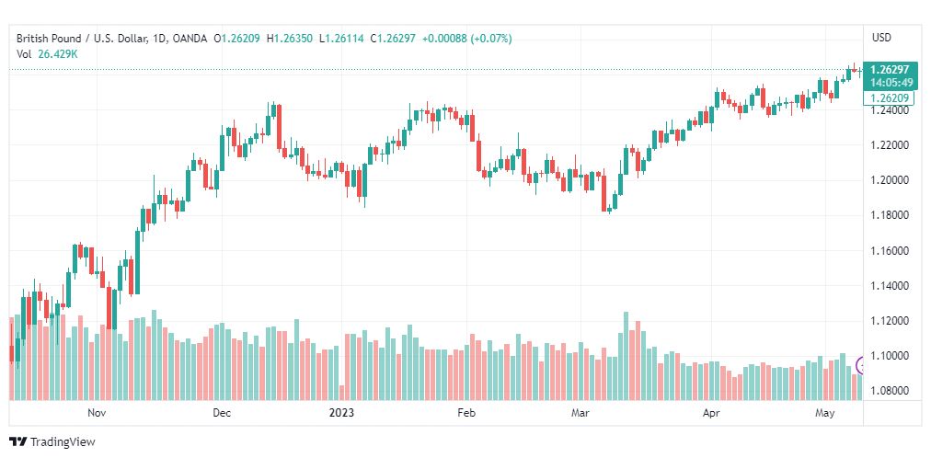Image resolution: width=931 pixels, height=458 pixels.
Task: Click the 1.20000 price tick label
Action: pyautogui.click(x=890, y=180)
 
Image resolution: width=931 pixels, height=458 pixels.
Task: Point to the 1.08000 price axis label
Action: pyautogui.click(x=890, y=391)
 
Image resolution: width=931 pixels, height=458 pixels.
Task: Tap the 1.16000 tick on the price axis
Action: pyautogui.click(x=890, y=250)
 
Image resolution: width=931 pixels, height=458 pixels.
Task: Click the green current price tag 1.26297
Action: pyautogui.click(x=890, y=69)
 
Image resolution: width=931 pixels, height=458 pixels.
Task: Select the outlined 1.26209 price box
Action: pyautogui.click(x=889, y=97)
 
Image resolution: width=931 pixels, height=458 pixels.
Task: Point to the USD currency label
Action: pyautogui.click(x=881, y=38)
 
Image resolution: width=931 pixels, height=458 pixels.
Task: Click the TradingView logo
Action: pyautogui.click(x=52, y=442)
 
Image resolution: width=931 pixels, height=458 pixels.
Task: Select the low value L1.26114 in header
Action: pyautogui.click(x=342, y=39)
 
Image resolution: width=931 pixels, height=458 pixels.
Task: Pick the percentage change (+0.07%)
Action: pyautogui.click(x=491, y=39)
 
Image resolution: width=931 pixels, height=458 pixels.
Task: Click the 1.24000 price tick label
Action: pyautogui.click(x=890, y=110)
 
